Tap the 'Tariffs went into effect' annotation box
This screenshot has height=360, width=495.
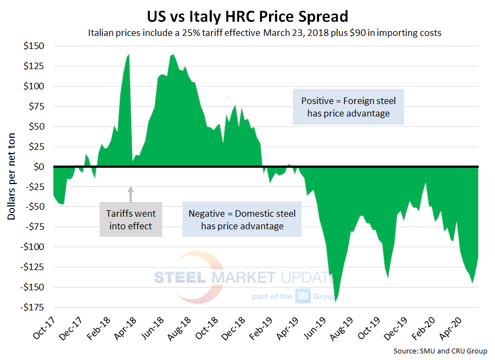(131, 219)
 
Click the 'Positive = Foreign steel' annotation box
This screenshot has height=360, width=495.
(349, 107)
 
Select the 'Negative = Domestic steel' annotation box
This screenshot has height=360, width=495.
(242, 219)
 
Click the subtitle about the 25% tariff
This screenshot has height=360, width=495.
(264, 33)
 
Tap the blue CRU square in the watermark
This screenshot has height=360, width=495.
(303, 297)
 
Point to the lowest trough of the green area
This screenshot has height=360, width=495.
(336, 301)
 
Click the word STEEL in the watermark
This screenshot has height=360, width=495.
(180, 278)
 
